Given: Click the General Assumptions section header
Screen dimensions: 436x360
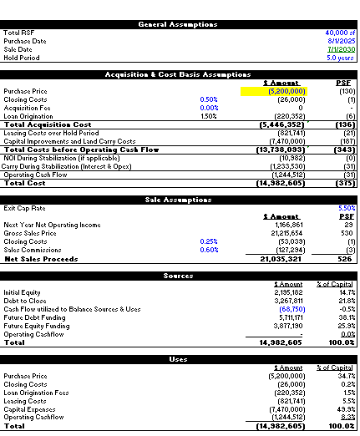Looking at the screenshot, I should point(180,24).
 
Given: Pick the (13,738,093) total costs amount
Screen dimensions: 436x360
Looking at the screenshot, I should point(279,148).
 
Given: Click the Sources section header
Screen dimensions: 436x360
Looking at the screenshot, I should point(180,275).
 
